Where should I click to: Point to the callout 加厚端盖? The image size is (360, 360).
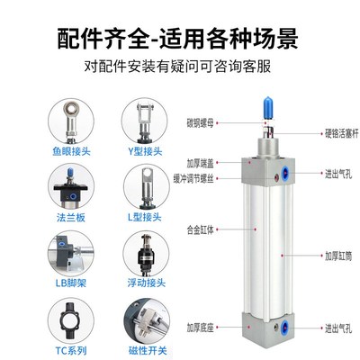point(206,165)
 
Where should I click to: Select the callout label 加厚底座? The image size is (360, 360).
point(206,327)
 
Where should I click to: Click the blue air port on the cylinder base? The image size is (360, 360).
point(288,328)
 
